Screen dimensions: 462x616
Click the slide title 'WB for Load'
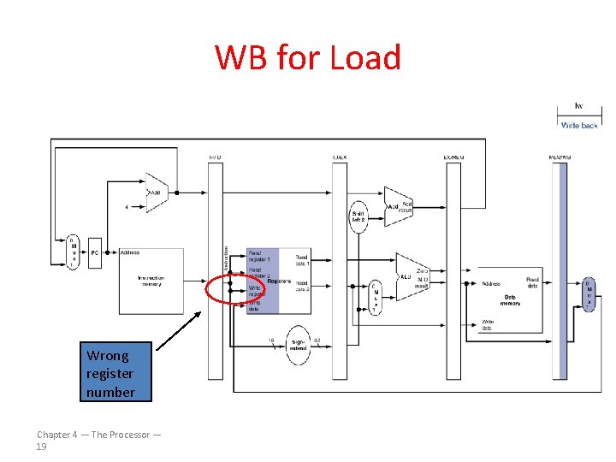[x=308, y=58]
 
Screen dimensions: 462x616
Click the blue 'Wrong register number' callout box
[x=110, y=373]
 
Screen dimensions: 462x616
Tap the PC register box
[x=95, y=252]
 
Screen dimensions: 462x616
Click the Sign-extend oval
[x=298, y=345]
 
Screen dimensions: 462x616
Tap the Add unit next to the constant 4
[x=157, y=192]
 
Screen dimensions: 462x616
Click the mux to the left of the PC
[x=74, y=252]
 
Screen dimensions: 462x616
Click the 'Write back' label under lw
[x=579, y=125]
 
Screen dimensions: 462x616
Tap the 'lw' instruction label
[x=579, y=106]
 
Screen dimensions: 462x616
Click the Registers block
[x=263, y=281]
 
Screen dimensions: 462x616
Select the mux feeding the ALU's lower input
[x=374, y=298]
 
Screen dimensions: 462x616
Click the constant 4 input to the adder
[x=127, y=206]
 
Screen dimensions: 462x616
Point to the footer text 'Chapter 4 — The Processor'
[x=98, y=435]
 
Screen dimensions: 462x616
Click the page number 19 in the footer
[x=42, y=447]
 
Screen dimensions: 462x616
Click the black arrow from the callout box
[x=180, y=330]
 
